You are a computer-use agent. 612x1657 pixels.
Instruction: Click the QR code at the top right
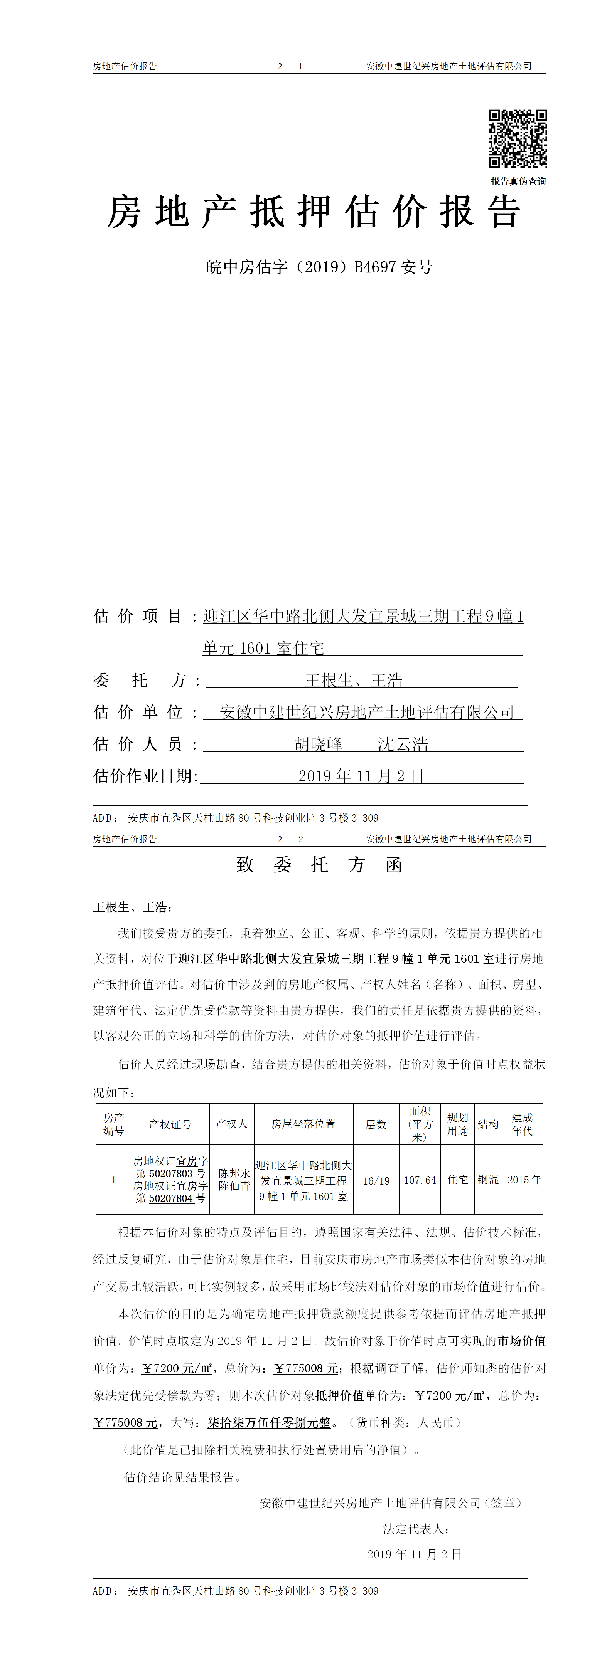tap(518, 139)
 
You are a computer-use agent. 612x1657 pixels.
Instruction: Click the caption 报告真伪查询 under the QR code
tap(518, 181)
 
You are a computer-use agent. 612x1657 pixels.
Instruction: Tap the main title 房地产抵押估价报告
tap(314, 212)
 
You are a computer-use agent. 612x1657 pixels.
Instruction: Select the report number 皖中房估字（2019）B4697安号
tap(319, 267)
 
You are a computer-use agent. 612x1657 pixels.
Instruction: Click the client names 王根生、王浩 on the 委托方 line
tap(354, 681)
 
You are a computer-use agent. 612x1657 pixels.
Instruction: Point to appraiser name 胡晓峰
tap(319, 744)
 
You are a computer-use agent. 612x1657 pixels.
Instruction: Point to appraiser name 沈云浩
tap(403, 744)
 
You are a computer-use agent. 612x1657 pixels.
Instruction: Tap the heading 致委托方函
tap(319, 865)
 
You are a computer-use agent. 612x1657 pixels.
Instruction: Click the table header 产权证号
tap(170, 1124)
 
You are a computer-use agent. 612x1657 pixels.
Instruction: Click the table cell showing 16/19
tap(376, 1181)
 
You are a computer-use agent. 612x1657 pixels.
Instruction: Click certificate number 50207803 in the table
tap(171, 1174)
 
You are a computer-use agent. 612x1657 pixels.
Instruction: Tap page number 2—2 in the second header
tap(290, 839)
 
